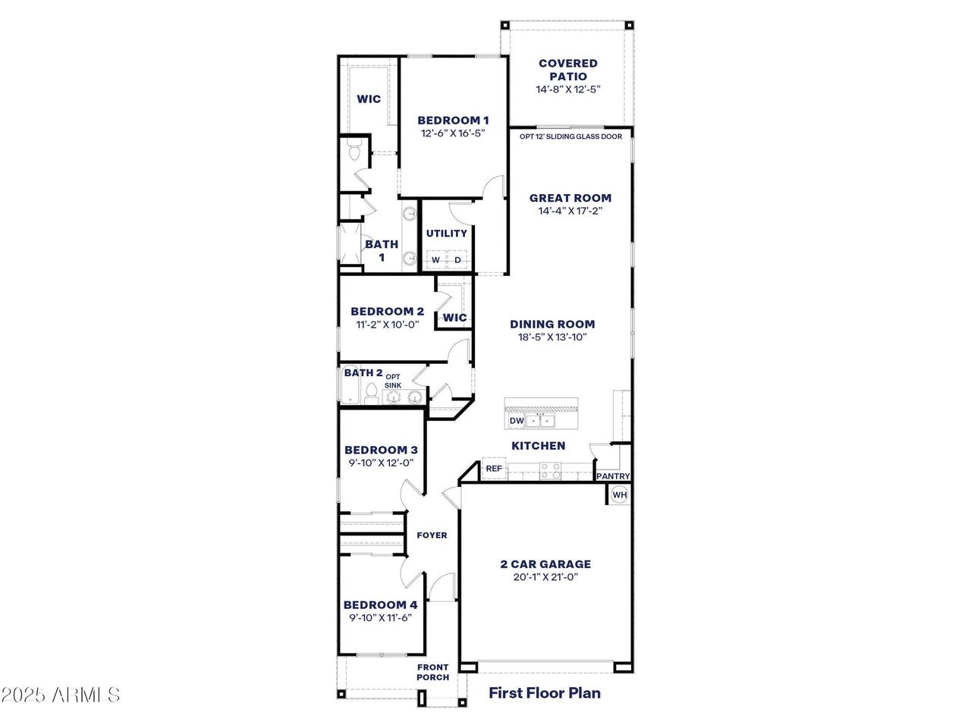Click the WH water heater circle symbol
[620, 495]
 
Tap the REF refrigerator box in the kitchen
[494, 469]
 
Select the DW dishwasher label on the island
[517, 421]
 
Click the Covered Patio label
[568, 70]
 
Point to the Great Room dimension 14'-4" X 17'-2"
[570, 212]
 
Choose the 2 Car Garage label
[545, 564]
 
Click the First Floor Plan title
[544, 692]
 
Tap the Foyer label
[432, 535]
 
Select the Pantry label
[613, 476]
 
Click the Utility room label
[446, 234]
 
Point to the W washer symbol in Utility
[435, 260]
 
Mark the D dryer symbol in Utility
[457, 260]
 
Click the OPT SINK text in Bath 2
[393, 381]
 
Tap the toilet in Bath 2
[371, 394]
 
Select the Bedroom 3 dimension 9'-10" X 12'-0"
[379, 463]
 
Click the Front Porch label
[432, 672]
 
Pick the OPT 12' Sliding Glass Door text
[570, 136]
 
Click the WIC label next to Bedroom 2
[454, 318]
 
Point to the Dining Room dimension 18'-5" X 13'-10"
[551, 337]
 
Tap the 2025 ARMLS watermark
[61, 695]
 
